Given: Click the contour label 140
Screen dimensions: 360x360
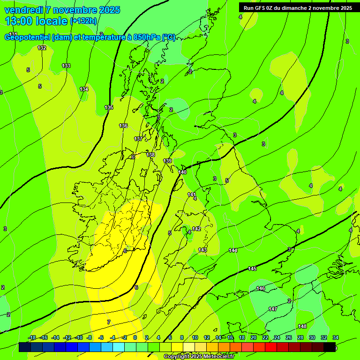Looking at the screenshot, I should click(x=182, y=172).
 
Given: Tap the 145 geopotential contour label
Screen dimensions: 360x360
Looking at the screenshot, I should click(x=252, y=269).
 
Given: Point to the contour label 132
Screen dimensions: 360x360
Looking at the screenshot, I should click(x=42, y=48).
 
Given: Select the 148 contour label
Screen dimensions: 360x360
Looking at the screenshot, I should click(x=302, y=326).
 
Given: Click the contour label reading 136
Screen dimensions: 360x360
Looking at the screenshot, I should click(x=123, y=126).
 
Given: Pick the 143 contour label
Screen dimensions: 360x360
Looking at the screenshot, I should click(x=202, y=250).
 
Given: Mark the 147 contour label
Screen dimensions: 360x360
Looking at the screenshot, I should click(x=273, y=309).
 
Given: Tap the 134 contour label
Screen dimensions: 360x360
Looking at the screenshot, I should click(x=84, y=89).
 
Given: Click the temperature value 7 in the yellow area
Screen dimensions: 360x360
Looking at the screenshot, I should click(x=109, y=322).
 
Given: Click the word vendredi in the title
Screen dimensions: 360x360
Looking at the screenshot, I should click(x=24, y=10).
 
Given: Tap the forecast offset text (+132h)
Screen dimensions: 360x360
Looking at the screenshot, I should click(x=83, y=21).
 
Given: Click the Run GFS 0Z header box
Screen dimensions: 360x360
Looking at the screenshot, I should click(x=297, y=7).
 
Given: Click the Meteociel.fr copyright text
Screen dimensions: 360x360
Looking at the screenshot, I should click(x=199, y=357).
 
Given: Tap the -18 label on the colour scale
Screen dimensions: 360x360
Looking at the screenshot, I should click(x=32, y=337).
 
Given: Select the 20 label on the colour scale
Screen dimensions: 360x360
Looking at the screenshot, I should click(x=254, y=337).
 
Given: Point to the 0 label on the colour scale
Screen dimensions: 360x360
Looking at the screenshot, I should click(x=135, y=337).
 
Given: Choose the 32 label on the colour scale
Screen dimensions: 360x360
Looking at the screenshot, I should click(x=324, y=337).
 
